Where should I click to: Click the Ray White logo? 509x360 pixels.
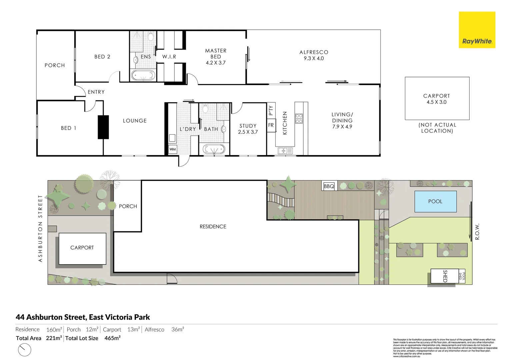(477, 30)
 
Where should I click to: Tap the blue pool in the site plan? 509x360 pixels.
(435, 201)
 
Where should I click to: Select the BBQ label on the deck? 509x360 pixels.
(329, 186)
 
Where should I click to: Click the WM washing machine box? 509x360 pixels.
(172, 149)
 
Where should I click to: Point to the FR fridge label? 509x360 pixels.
(271, 125)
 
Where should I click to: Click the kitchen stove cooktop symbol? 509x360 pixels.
(299, 119)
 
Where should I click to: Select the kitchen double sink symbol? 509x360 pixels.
(285, 151)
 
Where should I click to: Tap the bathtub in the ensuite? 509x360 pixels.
(143, 75)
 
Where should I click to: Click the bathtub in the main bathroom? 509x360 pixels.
(214, 149)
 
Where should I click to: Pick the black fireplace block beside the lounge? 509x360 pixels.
(103, 127)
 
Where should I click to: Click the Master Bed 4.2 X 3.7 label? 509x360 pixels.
(216, 57)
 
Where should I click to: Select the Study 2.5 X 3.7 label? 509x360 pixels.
(248, 129)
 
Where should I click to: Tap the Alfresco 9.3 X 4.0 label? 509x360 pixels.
(314, 55)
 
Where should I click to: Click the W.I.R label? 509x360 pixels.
(169, 57)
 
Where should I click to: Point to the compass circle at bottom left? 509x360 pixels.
(24, 350)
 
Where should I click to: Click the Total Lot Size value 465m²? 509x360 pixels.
(112, 338)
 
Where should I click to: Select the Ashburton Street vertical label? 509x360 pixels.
(40, 229)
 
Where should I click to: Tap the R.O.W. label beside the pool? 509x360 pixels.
(477, 231)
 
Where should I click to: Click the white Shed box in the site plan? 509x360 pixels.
(444, 276)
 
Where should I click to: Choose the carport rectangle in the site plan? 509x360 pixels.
(82, 248)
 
